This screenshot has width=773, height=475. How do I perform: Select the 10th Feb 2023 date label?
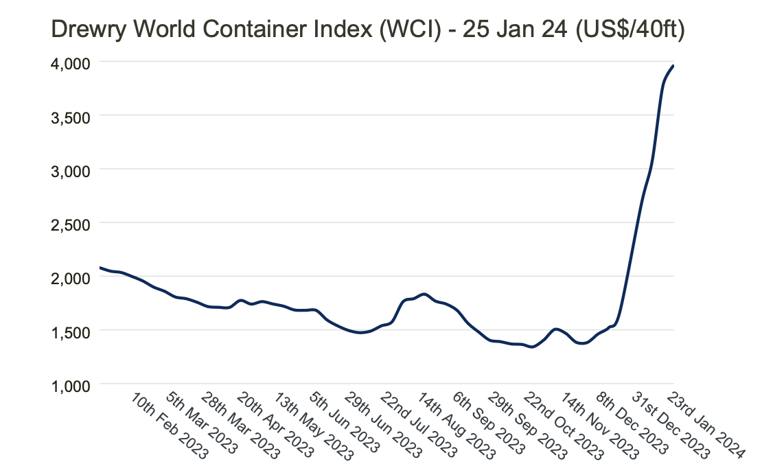pos(164,426)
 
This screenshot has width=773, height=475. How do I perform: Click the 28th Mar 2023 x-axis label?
pos(235,426)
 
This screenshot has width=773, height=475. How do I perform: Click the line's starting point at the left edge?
pos(101,267)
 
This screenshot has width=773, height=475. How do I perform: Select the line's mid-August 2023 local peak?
pos(424,294)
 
